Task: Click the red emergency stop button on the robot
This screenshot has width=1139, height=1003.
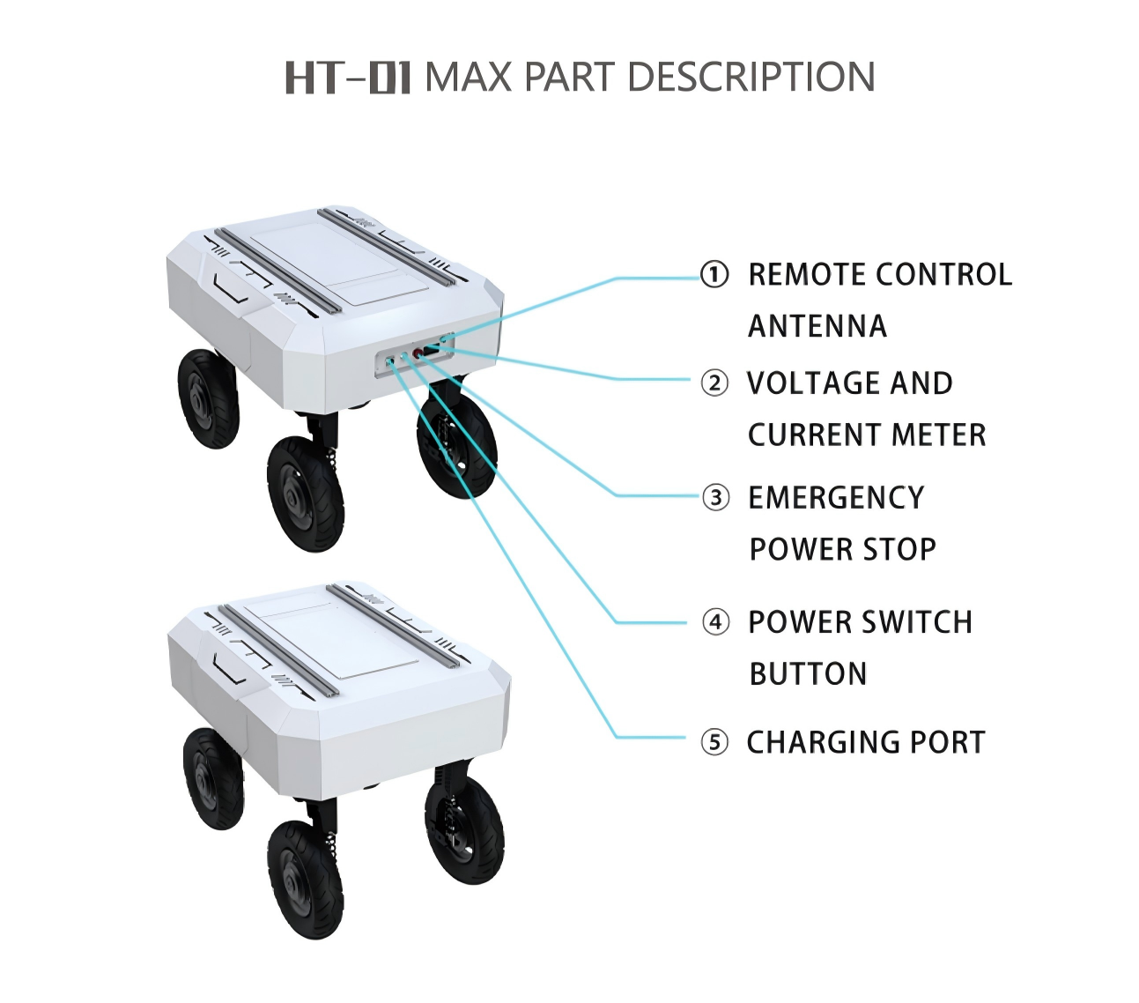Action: [418, 353]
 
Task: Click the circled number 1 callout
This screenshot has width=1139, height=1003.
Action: [714, 274]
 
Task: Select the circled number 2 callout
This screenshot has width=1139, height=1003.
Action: [714, 383]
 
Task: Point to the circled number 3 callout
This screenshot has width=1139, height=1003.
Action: [715, 498]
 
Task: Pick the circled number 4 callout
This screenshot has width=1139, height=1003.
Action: [715, 622]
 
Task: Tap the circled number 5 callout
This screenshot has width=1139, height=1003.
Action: [714, 742]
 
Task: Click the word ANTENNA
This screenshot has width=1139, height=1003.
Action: [817, 326]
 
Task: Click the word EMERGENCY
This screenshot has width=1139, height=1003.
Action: [837, 498]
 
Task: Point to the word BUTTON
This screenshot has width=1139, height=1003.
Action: [809, 674]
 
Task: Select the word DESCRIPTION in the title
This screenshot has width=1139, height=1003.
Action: [751, 77]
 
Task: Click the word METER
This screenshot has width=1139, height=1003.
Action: [938, 435]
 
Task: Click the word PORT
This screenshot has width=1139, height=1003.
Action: [947, 742]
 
